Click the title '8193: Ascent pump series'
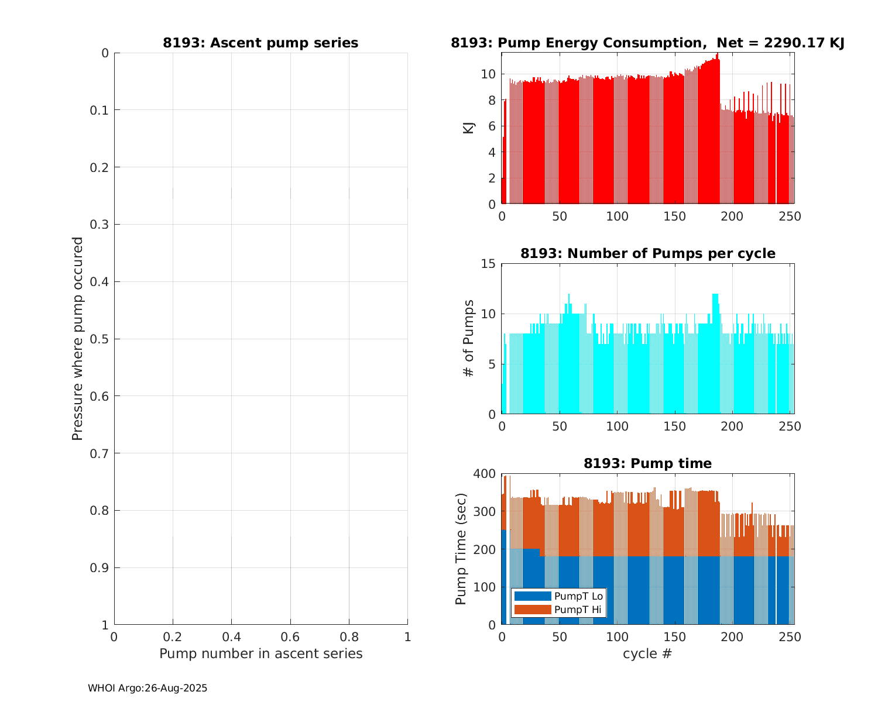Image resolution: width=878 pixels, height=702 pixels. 260,43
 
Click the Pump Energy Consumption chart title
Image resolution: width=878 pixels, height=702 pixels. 647,43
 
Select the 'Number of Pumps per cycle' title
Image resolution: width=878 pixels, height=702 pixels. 647,253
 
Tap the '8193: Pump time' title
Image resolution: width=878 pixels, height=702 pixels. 647,463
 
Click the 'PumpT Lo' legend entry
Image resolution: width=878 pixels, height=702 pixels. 578,596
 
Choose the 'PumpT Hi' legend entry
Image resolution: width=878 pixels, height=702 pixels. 578,610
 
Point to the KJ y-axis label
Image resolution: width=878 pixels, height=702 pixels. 469,128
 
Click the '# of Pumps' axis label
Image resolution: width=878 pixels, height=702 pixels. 469,338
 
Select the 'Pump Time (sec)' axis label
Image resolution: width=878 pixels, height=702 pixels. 461,549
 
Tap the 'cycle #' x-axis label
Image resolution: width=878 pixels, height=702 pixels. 647,653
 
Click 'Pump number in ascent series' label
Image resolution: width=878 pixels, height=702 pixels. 260,653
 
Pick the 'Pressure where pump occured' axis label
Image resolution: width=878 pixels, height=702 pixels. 77,338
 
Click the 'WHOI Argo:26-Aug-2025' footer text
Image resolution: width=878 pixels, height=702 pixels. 148,688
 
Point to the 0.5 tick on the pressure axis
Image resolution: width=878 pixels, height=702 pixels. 101,339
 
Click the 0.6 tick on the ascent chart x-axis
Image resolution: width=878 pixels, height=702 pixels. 290,636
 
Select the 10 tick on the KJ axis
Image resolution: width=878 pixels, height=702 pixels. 488,74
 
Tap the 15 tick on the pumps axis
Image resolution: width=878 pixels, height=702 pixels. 488,264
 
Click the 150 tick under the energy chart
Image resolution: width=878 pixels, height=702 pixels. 674,216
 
